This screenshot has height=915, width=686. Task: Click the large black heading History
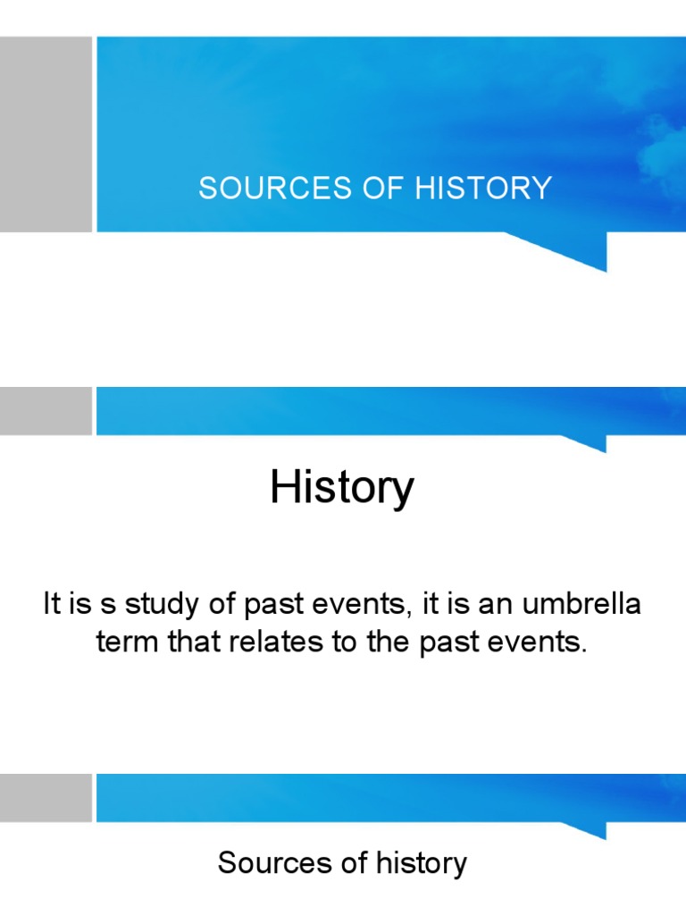point(342,489)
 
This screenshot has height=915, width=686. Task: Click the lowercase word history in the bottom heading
point(420,863)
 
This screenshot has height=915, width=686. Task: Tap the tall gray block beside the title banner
point(46,134)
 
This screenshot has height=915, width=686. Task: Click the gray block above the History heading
point(46,411)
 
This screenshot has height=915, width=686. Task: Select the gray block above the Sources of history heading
point(46,797)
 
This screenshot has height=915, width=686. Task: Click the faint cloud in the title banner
point(661,143)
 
